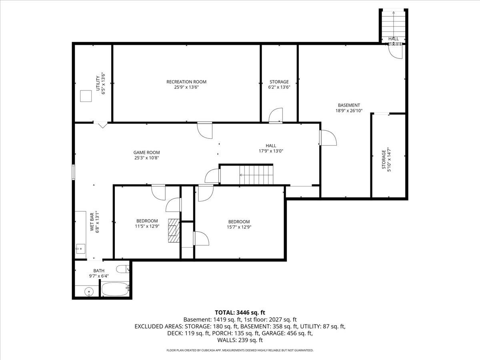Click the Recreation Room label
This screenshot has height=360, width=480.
(186, 82)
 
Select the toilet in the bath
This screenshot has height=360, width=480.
(122, 269)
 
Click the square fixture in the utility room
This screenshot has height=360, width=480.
(86, 96)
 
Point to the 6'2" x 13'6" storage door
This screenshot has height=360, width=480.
(276, 116)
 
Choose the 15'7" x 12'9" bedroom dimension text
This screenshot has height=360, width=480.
(239, 227)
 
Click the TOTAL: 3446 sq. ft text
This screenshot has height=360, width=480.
(240, 312)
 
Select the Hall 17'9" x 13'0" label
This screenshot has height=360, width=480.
(271, 146)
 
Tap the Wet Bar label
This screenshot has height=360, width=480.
(92, 222)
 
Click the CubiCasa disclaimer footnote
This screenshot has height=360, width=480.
(240, 350)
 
